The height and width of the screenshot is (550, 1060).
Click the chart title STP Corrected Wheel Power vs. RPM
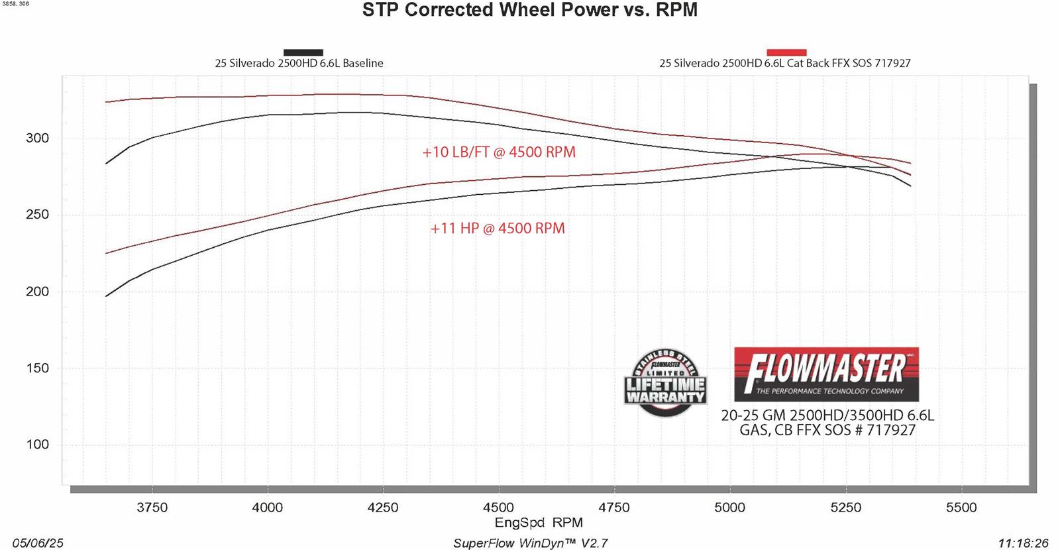click(529, 11)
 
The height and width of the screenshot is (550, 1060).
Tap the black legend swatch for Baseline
click(303, 52)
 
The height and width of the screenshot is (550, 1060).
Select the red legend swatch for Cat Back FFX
click(786, 52)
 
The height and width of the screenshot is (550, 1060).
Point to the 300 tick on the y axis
click(38, 138)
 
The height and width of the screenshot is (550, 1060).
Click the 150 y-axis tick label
click(38, 368)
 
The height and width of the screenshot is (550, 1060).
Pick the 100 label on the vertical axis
click(38, 445)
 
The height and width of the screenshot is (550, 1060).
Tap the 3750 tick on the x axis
click(152, 508)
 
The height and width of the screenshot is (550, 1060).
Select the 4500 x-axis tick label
click(498, 508)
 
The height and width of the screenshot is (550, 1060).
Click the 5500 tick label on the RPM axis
click(961, 508)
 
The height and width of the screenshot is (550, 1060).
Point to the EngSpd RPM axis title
click(539, 523)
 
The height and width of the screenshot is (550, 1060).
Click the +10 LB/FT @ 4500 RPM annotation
click(499, 152)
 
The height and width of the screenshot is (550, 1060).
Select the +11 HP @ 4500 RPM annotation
click(498, 229)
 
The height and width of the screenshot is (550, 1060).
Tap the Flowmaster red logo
click(826, 374)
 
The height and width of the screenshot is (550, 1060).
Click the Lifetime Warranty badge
click(665, 383)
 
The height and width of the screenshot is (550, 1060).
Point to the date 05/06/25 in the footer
click(38, 543)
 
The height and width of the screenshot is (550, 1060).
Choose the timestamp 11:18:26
click(1023, 543)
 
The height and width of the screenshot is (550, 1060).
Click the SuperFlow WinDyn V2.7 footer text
click(530, 543)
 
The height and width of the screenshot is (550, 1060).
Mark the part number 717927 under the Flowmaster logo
click(891, 430)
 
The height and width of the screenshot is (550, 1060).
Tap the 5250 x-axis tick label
click(845, 508)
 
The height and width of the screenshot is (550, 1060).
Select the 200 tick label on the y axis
click(38, 292)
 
